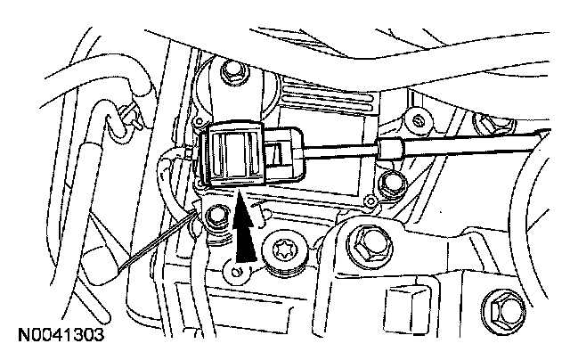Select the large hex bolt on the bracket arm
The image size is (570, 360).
click(366, 241)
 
